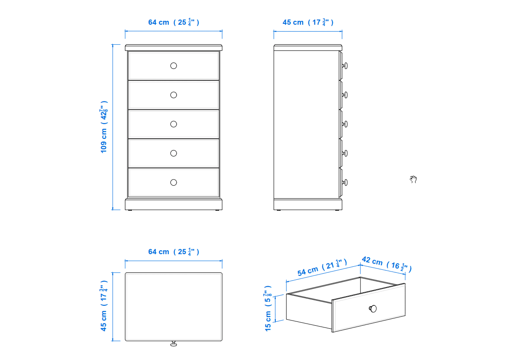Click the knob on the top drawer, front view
(x=173, y=65)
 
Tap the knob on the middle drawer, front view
(x=173, y=124)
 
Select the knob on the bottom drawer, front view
(x=173, y=183)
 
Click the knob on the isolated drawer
(x=373, y=309)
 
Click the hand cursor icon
(x=413, y=179)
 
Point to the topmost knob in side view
(x=345, y=65)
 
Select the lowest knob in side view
(x=345, y=183)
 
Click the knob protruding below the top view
(x=173, y=344)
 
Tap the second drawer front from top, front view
(x=173, y=95)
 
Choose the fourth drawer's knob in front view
(x=173, y=153)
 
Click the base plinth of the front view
(x=173, y=204)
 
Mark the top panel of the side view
(x=308, y=47)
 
